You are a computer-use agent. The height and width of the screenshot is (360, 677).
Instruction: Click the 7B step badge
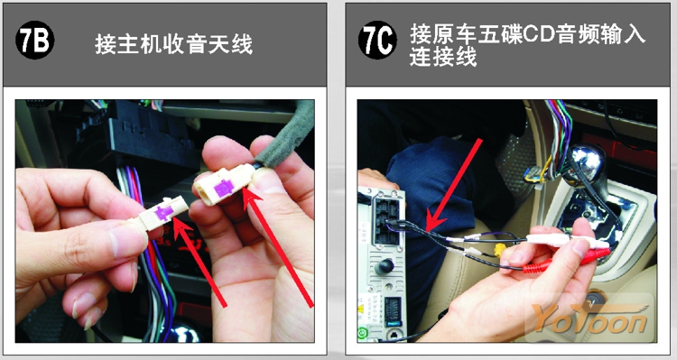[x=34, y=42]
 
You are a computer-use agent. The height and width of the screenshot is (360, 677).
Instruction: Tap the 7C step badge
[x=377, y=41]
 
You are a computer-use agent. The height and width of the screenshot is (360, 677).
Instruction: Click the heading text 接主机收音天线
[x=173, y=44]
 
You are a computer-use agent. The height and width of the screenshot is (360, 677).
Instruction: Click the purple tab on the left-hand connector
[x=164, y=212]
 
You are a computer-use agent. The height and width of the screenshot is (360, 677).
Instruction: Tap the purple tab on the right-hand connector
[x=225, y=189]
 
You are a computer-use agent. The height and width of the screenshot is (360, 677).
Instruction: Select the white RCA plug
[x=566, y=242]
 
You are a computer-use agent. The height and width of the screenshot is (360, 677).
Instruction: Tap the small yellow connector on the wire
[x=501, y=250]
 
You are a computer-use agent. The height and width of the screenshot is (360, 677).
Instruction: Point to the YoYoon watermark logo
[x=589, y=318]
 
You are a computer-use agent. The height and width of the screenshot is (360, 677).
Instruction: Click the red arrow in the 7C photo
[x=453, y=185]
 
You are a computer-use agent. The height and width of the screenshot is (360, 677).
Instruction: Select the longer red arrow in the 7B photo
[x=278, y=247]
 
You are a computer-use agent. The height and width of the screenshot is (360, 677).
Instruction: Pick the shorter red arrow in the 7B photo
[x=199, y=262]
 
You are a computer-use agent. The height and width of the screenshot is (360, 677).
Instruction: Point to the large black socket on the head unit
[x=387, y=220]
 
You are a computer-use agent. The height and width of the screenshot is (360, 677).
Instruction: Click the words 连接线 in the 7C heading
[x=443, y=57]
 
